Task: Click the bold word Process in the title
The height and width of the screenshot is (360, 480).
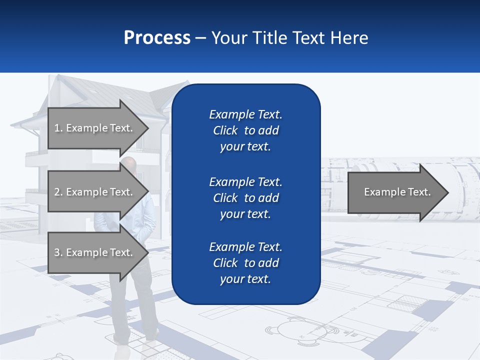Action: (157, 38)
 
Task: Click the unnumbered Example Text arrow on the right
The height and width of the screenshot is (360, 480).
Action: (397, 192)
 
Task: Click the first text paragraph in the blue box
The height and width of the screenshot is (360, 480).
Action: (245, 130)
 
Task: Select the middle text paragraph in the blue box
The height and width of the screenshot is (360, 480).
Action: (245, 198)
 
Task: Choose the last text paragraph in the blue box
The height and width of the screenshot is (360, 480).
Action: (245, 263)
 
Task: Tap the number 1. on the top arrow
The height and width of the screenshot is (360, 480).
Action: (58, 128)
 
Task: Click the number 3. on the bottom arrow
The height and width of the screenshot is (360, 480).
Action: (58, 252)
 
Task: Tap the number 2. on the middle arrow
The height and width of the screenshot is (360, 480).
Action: (58, 192)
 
